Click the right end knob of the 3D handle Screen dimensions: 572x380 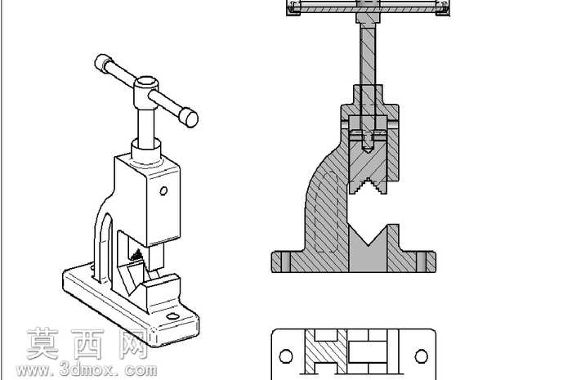pos(189,117)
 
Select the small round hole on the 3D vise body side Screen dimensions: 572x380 pos(163,190)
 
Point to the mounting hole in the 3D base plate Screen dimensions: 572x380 pos(173,315)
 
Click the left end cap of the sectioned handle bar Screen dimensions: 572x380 pos(293,8)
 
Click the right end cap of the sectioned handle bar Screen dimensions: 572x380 pos(442,8)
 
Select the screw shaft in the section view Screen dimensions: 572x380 pos(368,55)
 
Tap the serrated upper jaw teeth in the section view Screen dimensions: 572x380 pos(369,186)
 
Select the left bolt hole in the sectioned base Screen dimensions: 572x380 pos(286,262)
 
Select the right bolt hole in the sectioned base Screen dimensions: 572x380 pos(421,262)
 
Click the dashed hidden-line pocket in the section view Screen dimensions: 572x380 pos(327,212)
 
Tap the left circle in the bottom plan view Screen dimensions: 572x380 pos(286,356)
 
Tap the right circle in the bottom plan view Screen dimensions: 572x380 pos(422,356)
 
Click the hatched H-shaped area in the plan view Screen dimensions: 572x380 pos(325,352)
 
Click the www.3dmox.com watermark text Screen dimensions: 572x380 pos(87,370)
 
